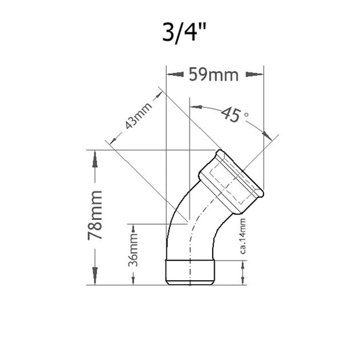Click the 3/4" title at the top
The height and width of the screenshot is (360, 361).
point(181,32)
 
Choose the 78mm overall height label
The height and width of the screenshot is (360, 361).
point(95,217)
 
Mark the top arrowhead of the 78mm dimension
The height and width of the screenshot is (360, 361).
point(95,155)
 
